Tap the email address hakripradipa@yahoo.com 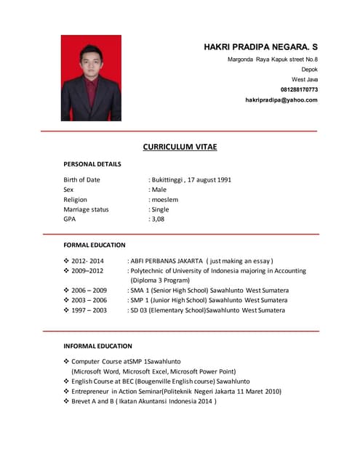(x=281, y=100)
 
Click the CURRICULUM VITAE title (x=180, y=147)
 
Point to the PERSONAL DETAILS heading (x=92, y=164)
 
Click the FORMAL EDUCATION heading (x=95, y=245)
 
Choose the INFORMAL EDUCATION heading (x=97, y=346)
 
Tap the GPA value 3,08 (x=159, y=219)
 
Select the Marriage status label (x=86, y=209)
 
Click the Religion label (x=75, y=199)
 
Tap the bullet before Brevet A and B (x=66, y=400)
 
